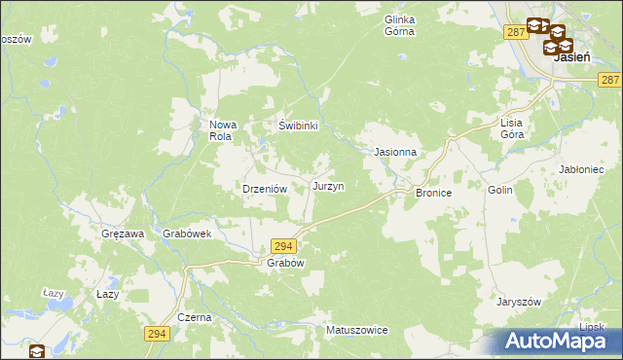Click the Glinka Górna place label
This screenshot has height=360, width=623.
[x=399, y=25]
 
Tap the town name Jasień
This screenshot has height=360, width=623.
[x=570, y=57]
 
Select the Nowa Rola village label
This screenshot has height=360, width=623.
[x=221, y=130]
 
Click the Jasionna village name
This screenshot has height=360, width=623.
[x=396, y=153]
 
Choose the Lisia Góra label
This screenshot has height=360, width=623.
[x=512, y=129]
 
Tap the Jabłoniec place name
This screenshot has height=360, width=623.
[x=584, y=168]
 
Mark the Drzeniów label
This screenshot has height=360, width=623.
[x=262, y=189]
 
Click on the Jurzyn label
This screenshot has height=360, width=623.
[x=327, y=185]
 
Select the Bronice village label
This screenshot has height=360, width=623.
[x=434, y=194]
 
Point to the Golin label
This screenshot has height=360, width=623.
[x=500, y=192]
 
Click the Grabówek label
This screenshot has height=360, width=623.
[x=187, y=234]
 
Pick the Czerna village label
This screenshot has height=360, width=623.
[x=195, y=318]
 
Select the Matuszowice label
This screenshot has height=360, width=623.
[x=357, y=330]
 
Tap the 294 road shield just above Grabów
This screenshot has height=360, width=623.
[x=282, y=247]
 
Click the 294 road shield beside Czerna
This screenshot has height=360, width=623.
[x=158, y=334]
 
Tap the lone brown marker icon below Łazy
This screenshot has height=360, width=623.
[x=37, y=352]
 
